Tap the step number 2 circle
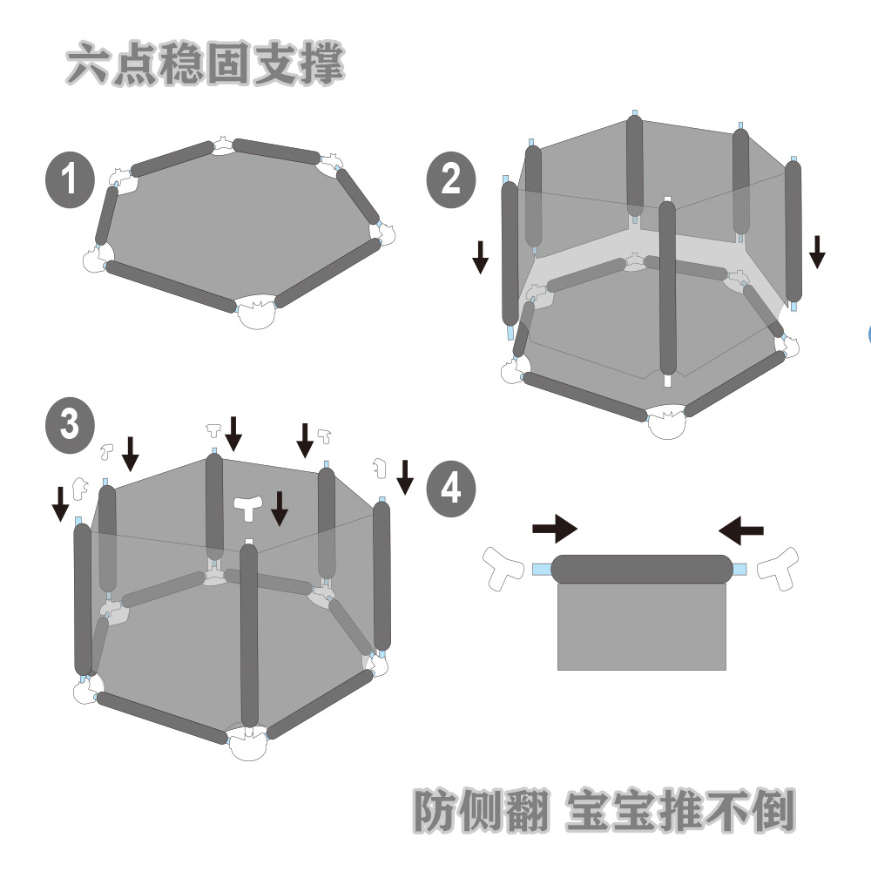(x=450, y=181)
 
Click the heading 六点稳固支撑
(x=206, y=64)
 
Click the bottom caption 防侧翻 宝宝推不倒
(x=603, y=810)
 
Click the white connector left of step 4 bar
(x=503, y=567)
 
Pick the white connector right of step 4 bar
(x=779, y=567)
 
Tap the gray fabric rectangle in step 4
(x=641, y=626)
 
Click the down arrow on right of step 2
(x=816, y=251)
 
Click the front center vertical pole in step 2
(x=667, y=287)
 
